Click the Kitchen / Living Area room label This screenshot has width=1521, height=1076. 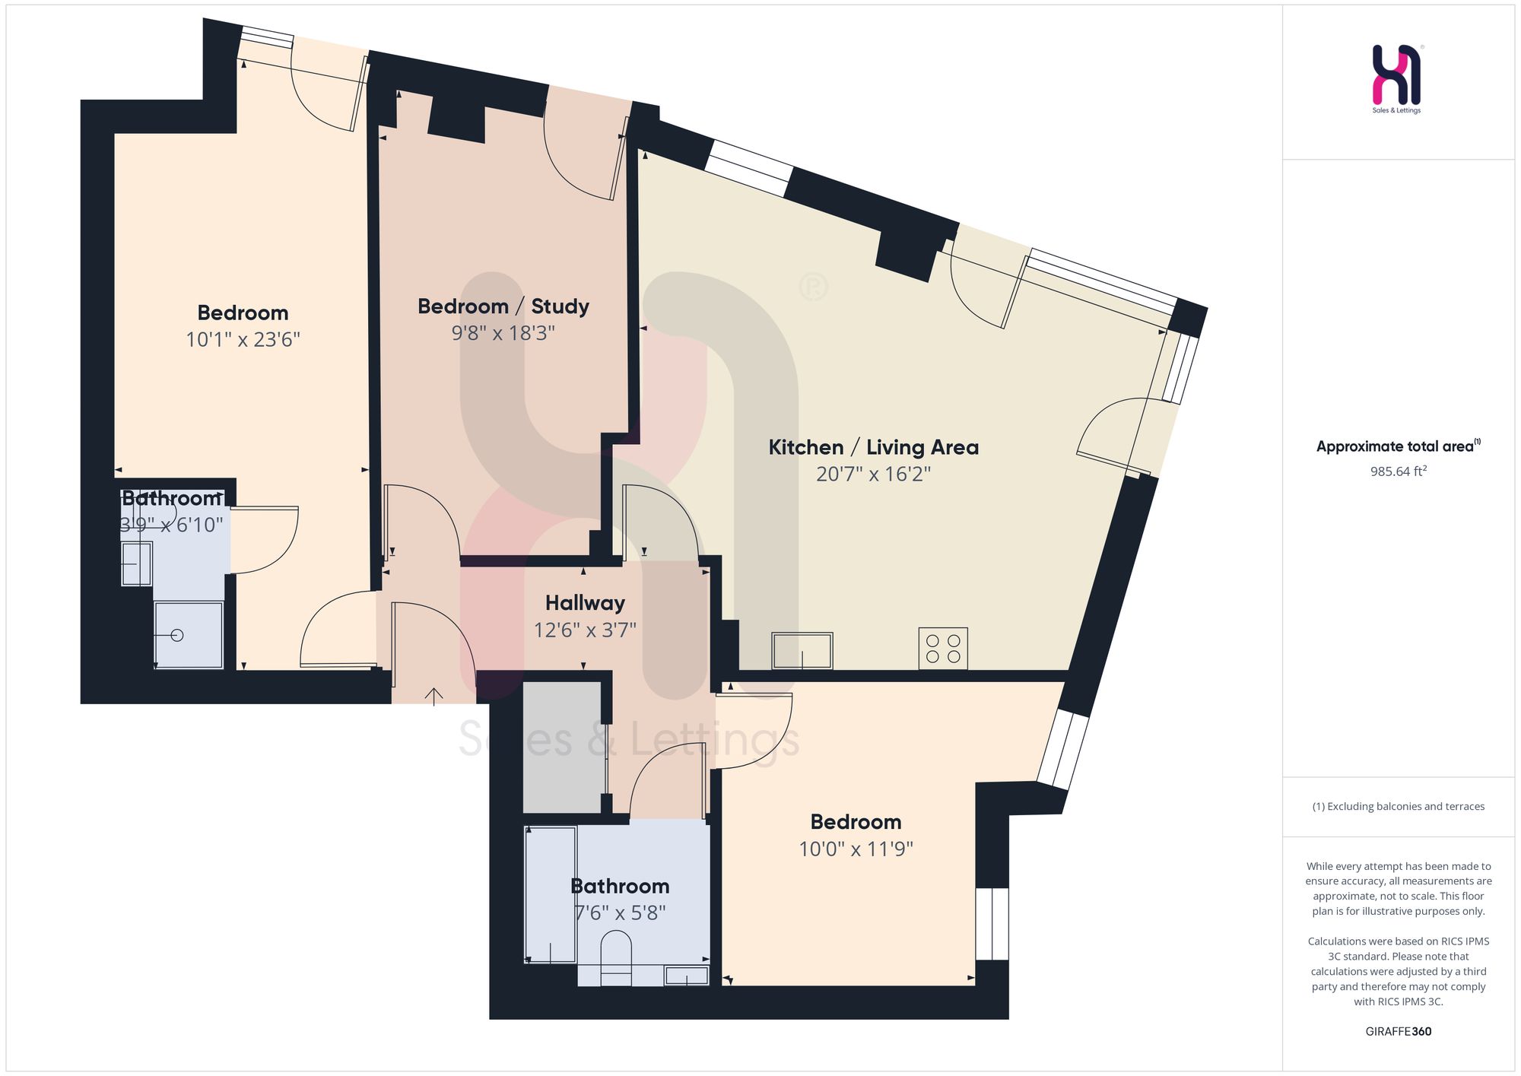(x=873, y=447)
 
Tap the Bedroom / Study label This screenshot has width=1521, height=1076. (x=503, y=306)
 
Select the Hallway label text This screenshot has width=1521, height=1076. (x=585, y=603)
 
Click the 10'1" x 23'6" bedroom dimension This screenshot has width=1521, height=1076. (x=243, y=339)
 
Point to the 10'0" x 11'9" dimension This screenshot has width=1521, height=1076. (x=856, y=849)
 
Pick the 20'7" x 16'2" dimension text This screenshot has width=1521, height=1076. (x=873, y=475)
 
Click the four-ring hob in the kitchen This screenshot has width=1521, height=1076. (x=943, y=648)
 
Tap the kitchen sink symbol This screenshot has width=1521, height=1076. (x=802, y=651)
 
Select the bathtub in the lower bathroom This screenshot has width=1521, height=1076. (x=551, y=895)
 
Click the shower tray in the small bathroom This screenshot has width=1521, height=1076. (x=189, y=635)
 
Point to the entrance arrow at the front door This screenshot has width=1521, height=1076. (x=433, y=696)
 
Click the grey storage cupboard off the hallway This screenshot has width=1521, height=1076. (x=563, y=747)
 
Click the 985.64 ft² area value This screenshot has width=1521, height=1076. (x=1398, y=471)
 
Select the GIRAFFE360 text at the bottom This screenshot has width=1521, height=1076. (x=1398, y=1031)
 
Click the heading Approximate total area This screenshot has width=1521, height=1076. (x=1398, y=446)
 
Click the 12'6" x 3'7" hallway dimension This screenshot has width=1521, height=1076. (x=585, y=630)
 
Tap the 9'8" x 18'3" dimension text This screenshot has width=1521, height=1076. (x=503, y=334)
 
